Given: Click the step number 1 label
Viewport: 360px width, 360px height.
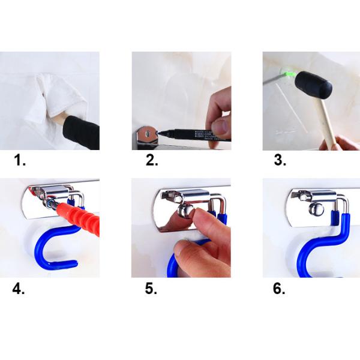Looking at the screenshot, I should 22,160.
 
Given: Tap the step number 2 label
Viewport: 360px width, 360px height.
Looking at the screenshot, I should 152,160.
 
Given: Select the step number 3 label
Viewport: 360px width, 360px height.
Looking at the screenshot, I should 280,160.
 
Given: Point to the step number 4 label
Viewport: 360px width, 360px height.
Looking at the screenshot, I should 19,289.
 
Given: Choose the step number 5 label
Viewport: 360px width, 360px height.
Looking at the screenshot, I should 151,289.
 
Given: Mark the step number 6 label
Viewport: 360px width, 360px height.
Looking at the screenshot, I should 279,289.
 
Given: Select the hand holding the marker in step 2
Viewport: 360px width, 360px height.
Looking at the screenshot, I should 218,114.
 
